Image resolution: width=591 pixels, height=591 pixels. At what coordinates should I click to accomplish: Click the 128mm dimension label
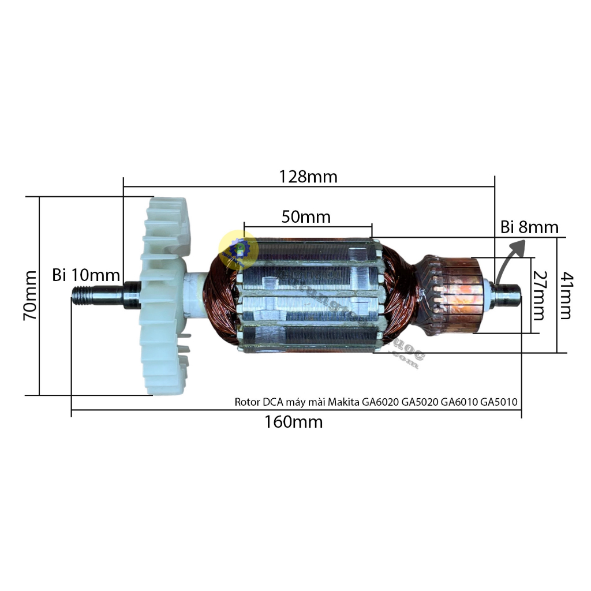point(308,177)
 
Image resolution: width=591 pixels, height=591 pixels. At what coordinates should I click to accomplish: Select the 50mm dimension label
point(306,217)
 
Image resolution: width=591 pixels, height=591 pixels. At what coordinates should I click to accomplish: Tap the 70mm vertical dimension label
point(30,295)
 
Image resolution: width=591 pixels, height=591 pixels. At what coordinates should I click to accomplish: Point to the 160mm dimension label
point(294,422)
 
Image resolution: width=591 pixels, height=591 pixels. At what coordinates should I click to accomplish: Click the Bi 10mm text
point(85,275)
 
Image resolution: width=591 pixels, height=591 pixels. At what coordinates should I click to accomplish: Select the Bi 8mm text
point(529,227)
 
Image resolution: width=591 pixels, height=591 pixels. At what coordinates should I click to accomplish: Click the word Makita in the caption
point(344,402)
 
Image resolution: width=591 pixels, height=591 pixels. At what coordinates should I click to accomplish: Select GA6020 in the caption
point(381,402)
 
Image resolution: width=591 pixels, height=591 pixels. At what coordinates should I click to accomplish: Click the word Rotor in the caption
point(247,402)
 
